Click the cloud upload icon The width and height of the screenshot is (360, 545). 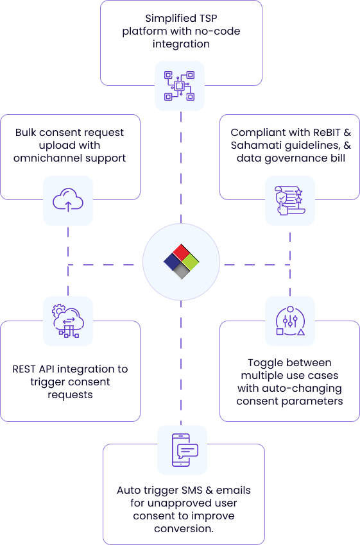tap(68, 200)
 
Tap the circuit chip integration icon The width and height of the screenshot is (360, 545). tap(179, 86)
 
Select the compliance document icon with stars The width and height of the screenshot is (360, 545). tap(290, 201)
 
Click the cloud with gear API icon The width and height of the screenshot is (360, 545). tap(68, 321)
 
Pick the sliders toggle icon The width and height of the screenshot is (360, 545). tap(290, 321)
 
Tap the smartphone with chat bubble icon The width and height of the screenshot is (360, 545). tap(185, 450)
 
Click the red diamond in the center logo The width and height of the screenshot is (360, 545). tap(181, 251)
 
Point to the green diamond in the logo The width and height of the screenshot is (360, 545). tap(191, 262)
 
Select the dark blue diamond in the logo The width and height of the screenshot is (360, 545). tap(172, 262)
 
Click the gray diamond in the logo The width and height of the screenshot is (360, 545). tap(181, 271)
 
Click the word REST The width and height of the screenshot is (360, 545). tap(24, 369)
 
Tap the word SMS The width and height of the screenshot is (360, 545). tap(191, 491)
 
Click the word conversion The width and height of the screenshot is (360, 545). tap(183, 529)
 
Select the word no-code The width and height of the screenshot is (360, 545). tap(218, 31)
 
